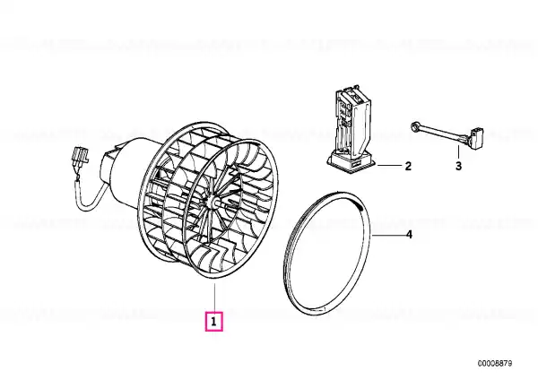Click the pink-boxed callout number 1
(213, 322)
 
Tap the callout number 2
(408, 166)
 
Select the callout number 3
(459, 166)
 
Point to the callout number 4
(409, 235)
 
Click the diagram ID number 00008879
(495, 363)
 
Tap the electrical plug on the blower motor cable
(81, 157)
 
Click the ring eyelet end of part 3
(415, 126)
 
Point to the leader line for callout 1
(215, 298)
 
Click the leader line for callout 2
(389, 166)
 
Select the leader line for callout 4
(387, 236)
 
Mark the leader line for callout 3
(459, 152)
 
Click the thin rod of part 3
(443, 132)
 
